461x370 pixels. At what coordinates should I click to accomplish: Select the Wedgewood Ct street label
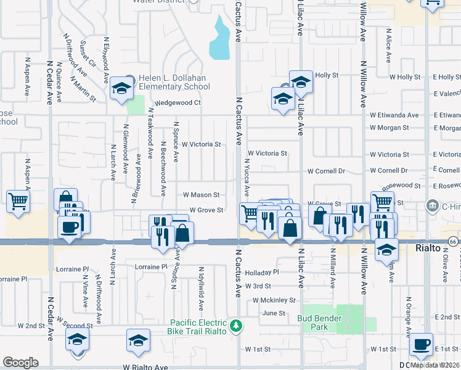178,103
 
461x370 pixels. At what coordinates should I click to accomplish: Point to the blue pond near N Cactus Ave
218,38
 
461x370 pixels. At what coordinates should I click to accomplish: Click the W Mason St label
202,195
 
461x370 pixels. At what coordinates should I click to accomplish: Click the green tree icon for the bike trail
235,325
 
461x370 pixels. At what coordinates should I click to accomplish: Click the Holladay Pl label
262,272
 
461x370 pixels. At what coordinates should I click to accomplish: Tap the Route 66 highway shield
453,240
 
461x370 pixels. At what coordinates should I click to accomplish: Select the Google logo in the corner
20,363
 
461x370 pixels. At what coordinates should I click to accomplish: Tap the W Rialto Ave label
145,367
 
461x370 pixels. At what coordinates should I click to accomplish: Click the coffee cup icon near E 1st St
421,345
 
